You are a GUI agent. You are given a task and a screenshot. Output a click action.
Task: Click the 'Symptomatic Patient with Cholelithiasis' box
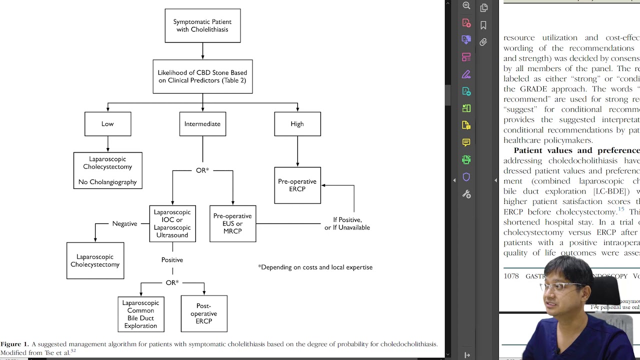pyautogui.click(x=202, y=25)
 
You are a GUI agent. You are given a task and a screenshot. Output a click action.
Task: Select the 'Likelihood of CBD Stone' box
pyautogui.click(x=202, y=76)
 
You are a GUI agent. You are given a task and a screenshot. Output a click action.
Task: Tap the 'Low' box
pyautogui.click(x=107, y=124)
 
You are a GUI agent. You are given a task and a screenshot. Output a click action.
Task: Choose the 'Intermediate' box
pyautogui.click(x=202, y=124)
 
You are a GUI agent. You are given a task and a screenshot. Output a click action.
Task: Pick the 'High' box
pyautogui.click(x=297, y=124)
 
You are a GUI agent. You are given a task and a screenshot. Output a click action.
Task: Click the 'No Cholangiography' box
pyautogui.click(x=107, y=170)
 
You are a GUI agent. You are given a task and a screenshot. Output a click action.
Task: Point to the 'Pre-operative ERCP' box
pyautogui.click(x=297, y=185)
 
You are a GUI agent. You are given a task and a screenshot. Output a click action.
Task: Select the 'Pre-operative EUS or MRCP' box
pyautogui.click(x=232, y=223)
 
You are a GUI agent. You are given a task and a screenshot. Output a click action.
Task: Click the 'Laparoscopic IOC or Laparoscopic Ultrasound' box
pyautogui.click(x=172, y=223)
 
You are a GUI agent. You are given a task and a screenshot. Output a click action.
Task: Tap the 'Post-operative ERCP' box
pyautogui.click(x=203, y=313)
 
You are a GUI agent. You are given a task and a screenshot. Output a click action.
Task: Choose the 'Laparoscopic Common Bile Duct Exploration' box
pyautogui.click(x=140, y=314)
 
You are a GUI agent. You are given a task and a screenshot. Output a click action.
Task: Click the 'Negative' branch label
pyautogui.click(x=124, y=223)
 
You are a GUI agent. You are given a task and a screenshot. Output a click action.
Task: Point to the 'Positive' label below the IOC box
pyautogui.click(x=172, y=260)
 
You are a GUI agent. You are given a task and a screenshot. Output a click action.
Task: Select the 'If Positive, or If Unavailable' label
pyautogui.click(x=347, y=223)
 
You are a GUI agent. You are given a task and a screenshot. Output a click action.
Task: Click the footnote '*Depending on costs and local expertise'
pyautogui.click(x=315, y=267)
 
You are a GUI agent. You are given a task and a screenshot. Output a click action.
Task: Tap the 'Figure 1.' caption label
pyautogui.click(x=14, y=344)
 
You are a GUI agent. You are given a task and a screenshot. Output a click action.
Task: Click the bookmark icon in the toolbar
pyautogui.click(x=483, y=25)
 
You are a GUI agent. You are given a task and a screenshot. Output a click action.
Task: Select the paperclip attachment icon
pyautogui.click(x=483, y=42)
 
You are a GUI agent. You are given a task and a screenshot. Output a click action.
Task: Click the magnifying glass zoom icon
pyautogui.click(x=466, y=6)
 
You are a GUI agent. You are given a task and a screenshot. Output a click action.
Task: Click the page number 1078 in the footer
pyautogui.click(x=511, y=276)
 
